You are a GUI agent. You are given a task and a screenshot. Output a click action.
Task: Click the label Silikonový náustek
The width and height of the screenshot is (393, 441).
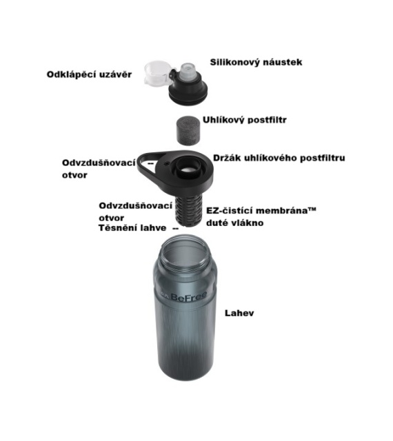pyautogui.click(x=256, y=62)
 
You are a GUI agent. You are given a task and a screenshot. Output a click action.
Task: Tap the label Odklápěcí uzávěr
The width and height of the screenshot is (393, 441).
pyautogui.click(x=89, y=74)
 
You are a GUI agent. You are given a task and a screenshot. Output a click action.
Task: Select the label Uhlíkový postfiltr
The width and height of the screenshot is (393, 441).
pyautogui.click(x=244, y=120)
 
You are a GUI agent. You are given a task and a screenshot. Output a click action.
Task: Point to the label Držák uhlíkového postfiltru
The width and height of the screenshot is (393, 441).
pyautogui.click(x=279, y=158)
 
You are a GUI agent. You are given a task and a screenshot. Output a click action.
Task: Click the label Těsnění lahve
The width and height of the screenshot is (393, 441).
pyautogui.click(x=132, y=228)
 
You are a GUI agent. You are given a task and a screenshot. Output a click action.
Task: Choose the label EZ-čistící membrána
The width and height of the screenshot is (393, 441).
pyautogui.click(x=261, y=211)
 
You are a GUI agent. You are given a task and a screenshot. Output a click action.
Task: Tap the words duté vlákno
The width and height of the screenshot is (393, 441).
pyautogui.click(x=235, y=223)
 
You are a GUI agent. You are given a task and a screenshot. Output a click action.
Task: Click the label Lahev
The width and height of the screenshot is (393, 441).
pyautogui.click(x=239, y=313)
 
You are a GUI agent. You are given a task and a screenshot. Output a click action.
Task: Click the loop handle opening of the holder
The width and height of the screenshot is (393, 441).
pyautogui.click(x=147, y=164)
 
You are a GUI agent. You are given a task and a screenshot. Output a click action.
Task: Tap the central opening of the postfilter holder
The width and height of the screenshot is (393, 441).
pyautogui.click(x=186, y=170)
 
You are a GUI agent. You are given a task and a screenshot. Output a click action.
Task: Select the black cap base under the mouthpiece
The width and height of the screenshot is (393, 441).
pyautogui.click(x=188, y=89)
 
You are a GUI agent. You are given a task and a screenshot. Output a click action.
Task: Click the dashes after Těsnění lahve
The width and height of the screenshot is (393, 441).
pyautogui.click(x=175, y=228)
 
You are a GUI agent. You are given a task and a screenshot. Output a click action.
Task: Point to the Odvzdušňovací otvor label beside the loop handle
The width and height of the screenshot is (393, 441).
pyautogui.click(x=99, y=169)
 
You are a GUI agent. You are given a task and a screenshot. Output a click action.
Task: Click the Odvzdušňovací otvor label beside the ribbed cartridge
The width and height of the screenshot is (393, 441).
pyautogui.click(x=135, y=212)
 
